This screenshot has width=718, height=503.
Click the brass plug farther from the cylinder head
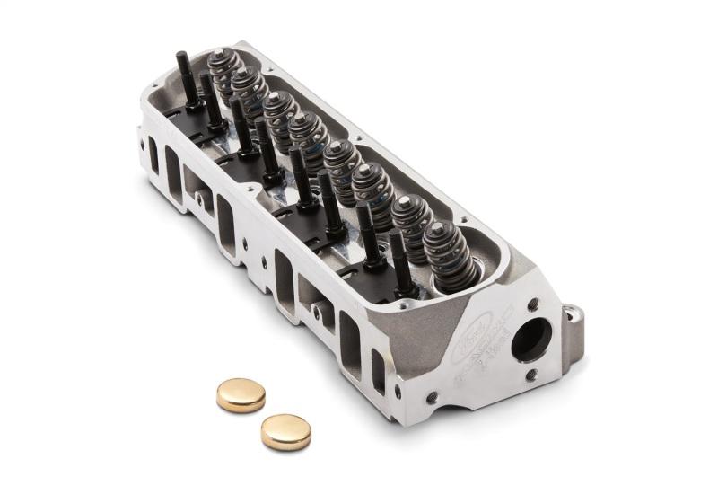(x=285, y=431)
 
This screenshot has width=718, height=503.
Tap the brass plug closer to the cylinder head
(x=241, y=393)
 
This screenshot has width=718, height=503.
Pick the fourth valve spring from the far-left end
(x=310, y=136)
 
